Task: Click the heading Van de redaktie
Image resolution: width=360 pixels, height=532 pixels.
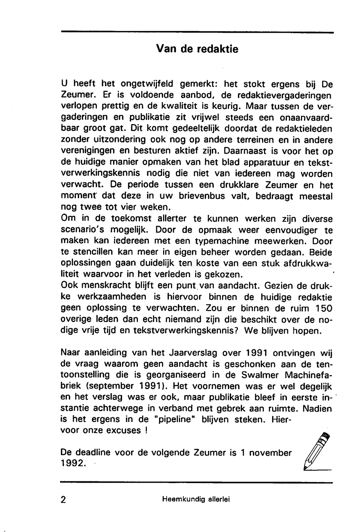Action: [197, 49]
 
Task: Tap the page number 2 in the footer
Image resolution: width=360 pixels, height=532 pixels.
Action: [63, 500]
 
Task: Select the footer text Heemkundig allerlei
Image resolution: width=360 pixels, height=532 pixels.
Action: [196, 499]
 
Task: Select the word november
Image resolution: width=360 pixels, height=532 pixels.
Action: [270, 453]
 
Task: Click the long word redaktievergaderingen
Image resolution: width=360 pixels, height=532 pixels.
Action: [276, 95]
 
